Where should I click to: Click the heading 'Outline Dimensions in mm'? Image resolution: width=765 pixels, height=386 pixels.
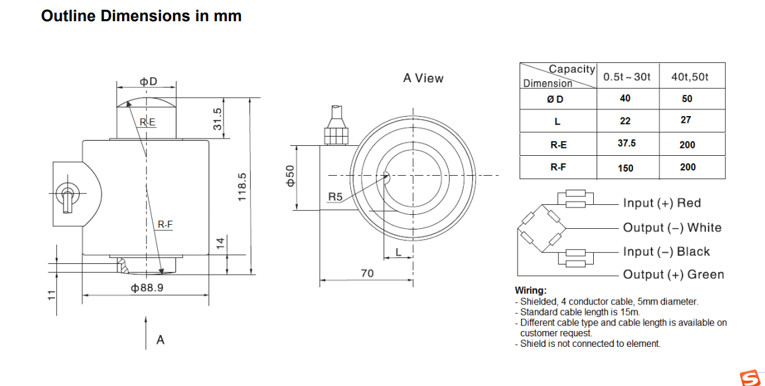click(141, 16)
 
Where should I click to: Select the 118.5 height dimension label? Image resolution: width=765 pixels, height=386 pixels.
click(242, 188)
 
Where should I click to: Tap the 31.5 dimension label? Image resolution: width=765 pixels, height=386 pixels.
click(217, 119)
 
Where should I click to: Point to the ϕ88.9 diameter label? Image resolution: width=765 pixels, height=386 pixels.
click(147, 288)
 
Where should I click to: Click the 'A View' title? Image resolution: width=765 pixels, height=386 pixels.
click(423, 78)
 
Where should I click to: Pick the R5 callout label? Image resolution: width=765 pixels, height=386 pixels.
click(335, 197)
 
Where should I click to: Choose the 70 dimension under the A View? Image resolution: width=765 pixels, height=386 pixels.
click(367, 273)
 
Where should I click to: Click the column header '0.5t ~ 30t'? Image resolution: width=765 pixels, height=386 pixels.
click(627, 77)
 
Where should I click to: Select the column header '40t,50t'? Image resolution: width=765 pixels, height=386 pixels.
click(689, 77)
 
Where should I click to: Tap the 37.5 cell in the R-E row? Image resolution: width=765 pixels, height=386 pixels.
click(626, 143)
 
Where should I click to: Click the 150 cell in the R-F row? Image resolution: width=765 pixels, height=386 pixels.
click(625, 168)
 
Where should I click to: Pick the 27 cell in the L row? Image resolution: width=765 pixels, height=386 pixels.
click(685, 120)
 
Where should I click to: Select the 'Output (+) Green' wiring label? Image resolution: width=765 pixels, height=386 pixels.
click(673, 275)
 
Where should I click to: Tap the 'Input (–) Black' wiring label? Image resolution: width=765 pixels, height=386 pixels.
click(665, 251)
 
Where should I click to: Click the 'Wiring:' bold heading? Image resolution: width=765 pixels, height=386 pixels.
click(531, 290)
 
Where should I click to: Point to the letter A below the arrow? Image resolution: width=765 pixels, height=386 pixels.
click(160, 340)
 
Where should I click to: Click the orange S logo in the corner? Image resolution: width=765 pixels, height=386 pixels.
click(751, 377)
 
